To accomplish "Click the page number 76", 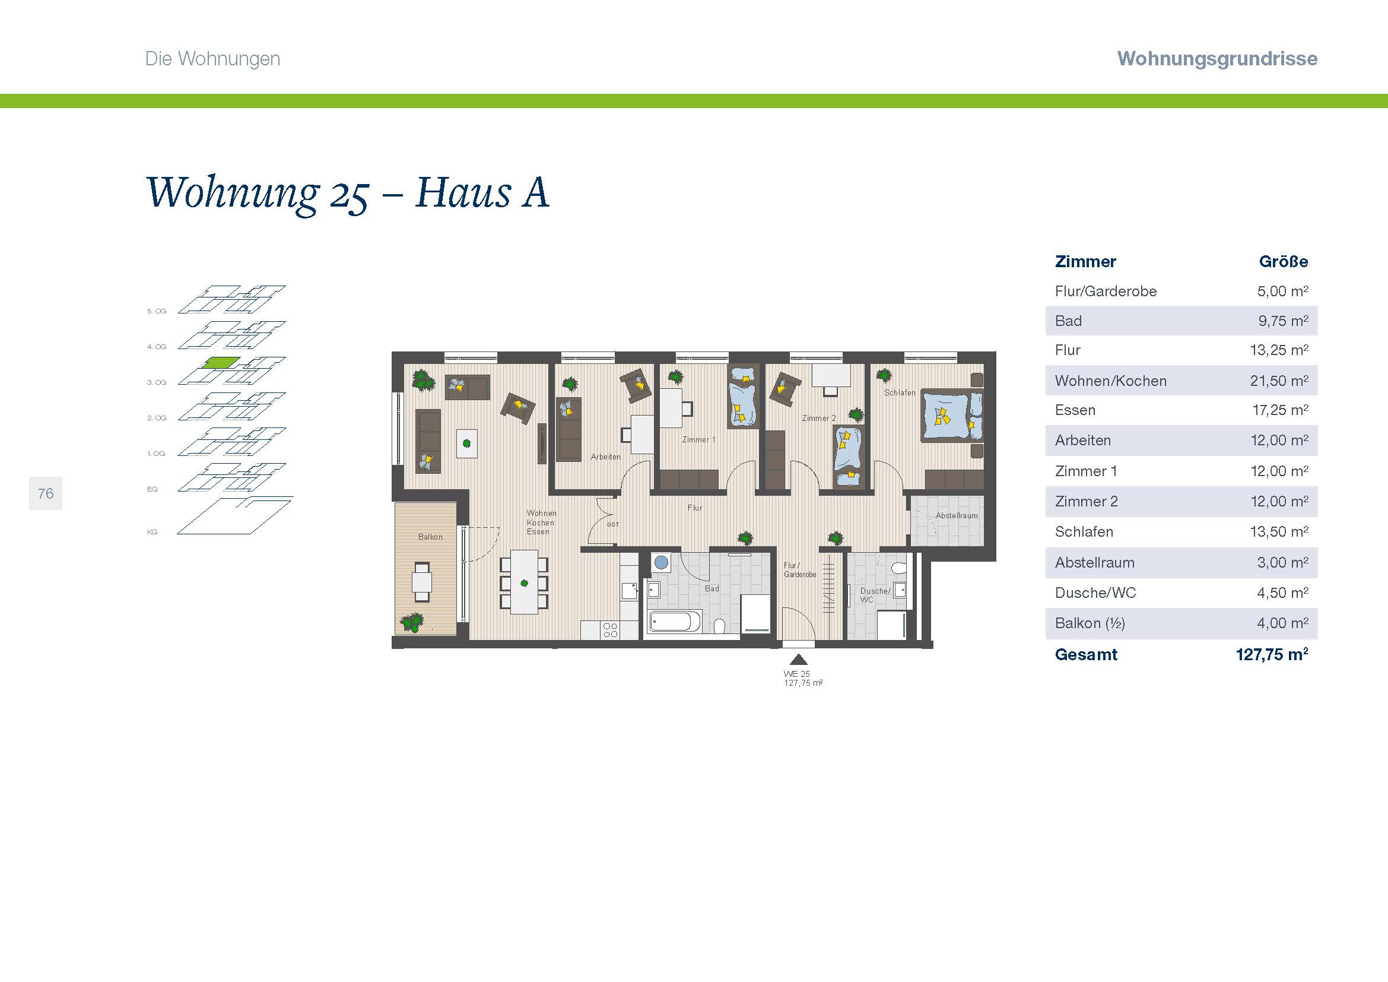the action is pyautogui.click(x=45, y=493).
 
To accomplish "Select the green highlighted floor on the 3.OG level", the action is pyautogui.click(x=221, y=363).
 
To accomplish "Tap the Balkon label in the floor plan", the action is pyautogui.click(x=430, y=537).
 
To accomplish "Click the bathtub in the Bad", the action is pyautogui.click(x=674, y=621).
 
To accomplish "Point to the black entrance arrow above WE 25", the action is pyautogui.click(x=798, y=659).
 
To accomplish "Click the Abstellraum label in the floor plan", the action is pyautogui.click(x=957, y=516).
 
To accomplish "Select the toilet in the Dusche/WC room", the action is pyautogui.click(x=899, y=568).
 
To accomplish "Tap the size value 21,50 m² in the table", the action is pyautogui.click(x=1279, y=381).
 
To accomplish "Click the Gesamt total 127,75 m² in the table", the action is pyautogui.click(x=1272, y=654).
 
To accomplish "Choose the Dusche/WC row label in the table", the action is pyautogui.click(x=1095, y=593).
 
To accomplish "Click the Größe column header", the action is pyautogui.click(x=1284, y=262).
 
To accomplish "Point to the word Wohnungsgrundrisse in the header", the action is pyautogui.click(x=1217, y=59).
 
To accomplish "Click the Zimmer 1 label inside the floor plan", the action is pyautogui.click(x=698, y=439).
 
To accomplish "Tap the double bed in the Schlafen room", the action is pyautogui.click(x=951, y=416).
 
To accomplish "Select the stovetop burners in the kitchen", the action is pyautogui.click(x=611, y=630).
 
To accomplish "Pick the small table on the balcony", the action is pyautogui.click(x=422, y=582).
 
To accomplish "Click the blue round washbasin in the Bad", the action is pyautogui.click(x=661, y=562).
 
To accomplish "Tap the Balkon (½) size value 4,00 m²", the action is pyautogui.click(x=1282, y=623).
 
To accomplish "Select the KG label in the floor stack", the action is pyautogui.click(x=153, y=532).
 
